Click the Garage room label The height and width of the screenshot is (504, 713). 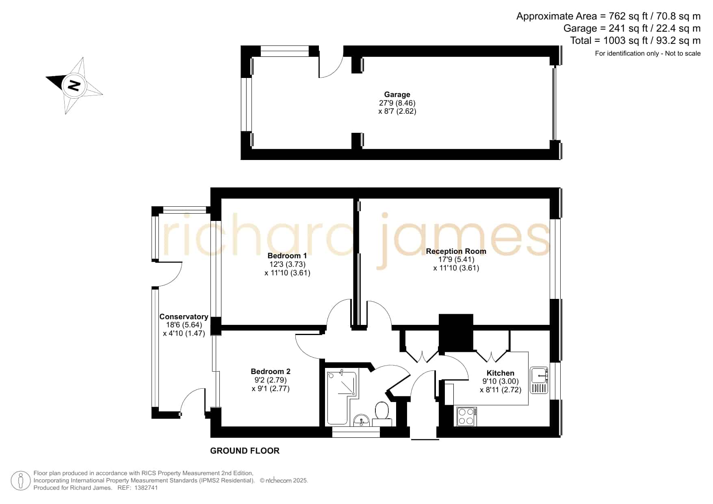pos(397,95)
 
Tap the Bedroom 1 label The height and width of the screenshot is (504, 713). pos(287,256)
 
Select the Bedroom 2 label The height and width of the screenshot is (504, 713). pos(271,372)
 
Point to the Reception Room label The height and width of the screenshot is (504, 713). pos(456,251)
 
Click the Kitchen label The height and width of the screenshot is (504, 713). pos(501,373)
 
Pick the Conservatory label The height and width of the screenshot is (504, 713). pos(184,317)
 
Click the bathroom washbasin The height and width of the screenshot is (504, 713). pos(361,420)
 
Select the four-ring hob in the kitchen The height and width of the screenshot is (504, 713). pos(467,416)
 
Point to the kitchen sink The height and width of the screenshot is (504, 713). pos(539,381)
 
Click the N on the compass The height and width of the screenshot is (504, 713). pos(74,86)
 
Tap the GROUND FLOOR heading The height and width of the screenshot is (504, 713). pos(245,451)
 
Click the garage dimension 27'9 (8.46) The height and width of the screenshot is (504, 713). pos(397,103)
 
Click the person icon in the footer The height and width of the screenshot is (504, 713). pos(20,481)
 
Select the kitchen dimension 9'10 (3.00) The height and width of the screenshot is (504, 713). pos(501,381)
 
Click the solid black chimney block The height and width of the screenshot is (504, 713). pos(456,333)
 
